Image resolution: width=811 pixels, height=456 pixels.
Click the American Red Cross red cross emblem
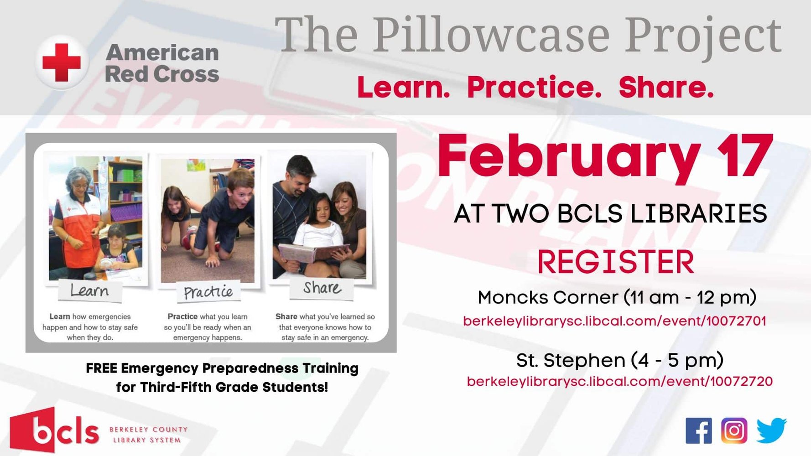[x=62, y=62]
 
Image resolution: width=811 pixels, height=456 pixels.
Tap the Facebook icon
[x=698, y=430]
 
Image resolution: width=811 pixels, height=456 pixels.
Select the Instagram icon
[x=734, y=430]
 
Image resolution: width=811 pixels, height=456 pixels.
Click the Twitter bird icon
[x=771, y=430]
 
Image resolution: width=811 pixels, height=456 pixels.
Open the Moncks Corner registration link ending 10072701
[x=614, y=321]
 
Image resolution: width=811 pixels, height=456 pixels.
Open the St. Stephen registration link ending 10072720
[x=619, y=381]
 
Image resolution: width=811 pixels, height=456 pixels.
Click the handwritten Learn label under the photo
[x=90, y=290]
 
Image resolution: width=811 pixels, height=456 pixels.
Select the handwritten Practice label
[x=208, y=292]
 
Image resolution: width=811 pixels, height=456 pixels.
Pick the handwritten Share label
[x=322, y=288]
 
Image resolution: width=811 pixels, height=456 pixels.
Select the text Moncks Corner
[x=548, y=297]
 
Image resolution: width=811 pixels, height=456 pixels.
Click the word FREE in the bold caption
[x=102, y=368]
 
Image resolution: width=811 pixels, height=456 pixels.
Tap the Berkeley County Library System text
[x=148, y=435]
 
